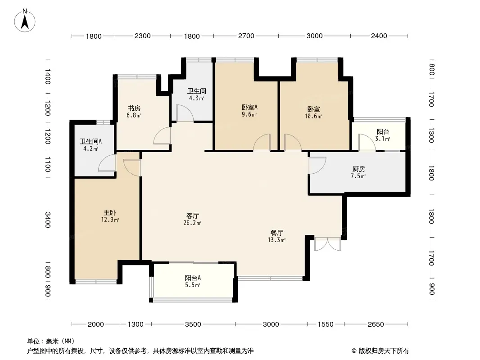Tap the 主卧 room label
[x=109, y=212]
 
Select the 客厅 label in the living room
[x=193, y=216]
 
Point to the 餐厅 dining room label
[x=277, y=233]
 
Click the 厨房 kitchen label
[x=359, y=169]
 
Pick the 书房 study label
[x=134, y=108]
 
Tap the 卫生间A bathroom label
[x=91, y=142]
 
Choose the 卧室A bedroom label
[x=249, y=108]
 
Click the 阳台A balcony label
[x=193, y=278]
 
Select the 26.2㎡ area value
[x=192, y=223]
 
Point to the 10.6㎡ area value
[x=313, y=117]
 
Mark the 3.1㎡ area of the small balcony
[x=383, y=139]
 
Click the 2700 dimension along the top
[x=246, y=36]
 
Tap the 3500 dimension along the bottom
[x=193, y=324]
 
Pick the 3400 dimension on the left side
[x=47, y=220]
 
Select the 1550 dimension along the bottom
[x=326, y=324]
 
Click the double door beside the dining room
[x=327, y=244]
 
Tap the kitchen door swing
[x=317, y=166]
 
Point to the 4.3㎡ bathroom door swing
[x=185, y=113]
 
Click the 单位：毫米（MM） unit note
[x=51, y=342]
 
